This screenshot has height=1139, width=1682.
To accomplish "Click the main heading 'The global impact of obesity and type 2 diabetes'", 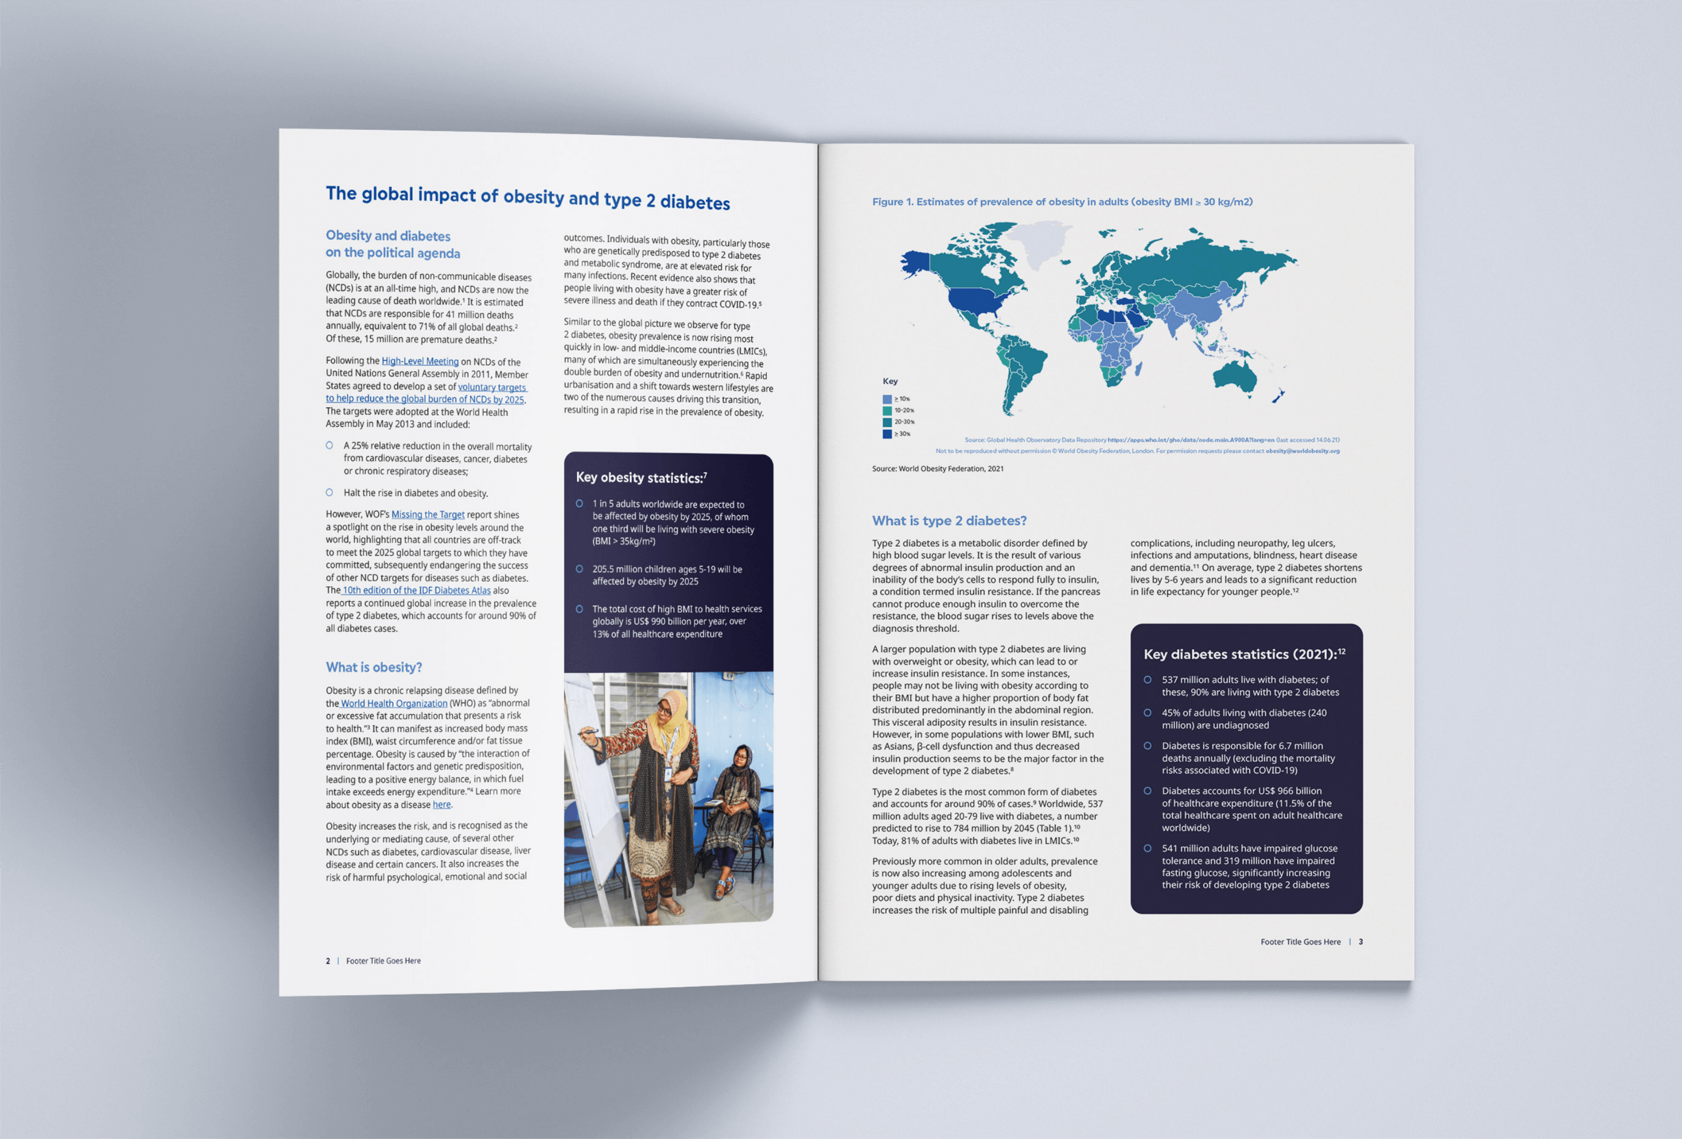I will coord(527,197).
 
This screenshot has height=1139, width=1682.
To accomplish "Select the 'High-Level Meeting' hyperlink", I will coord(419,361).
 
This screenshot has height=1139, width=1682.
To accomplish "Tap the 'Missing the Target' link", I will coord(428,515).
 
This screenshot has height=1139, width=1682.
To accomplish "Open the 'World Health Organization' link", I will coord(393,703).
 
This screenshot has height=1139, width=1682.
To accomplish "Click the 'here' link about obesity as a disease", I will coord(441,805).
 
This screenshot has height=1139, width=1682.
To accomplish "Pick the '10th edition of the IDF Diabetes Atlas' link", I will coord(416,591).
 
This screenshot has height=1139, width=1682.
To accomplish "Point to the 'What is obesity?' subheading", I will coord(374,668).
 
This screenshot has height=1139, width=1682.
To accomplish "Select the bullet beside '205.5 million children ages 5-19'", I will coord(579,569).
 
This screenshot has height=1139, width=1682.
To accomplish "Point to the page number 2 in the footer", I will coord(328,961).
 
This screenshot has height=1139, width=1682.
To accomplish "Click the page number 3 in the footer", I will coord(1361,942).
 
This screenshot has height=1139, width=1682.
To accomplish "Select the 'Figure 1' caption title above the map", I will coord(1062,202).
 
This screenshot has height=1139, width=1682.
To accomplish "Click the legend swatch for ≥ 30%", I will coord(887,434).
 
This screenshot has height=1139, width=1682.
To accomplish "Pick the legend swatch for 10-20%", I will coord(887,411).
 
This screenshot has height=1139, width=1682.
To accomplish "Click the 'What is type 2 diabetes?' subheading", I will coord(949,521).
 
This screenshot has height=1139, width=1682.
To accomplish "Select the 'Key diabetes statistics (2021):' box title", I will coord(1243,654).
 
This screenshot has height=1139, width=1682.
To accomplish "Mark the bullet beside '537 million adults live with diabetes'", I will coord(1147,679).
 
